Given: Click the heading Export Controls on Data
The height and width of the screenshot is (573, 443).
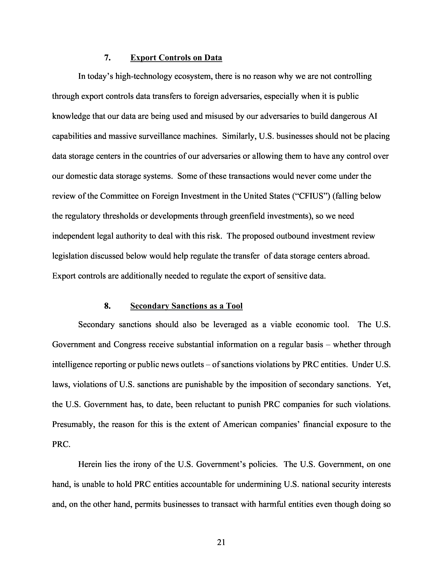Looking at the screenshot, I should [x=176, y=57].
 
